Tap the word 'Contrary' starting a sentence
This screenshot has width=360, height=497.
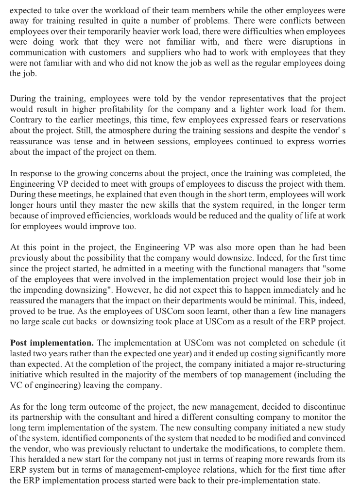[x=26, y=119]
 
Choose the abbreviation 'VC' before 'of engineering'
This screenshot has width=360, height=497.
[x=17, y=385]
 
